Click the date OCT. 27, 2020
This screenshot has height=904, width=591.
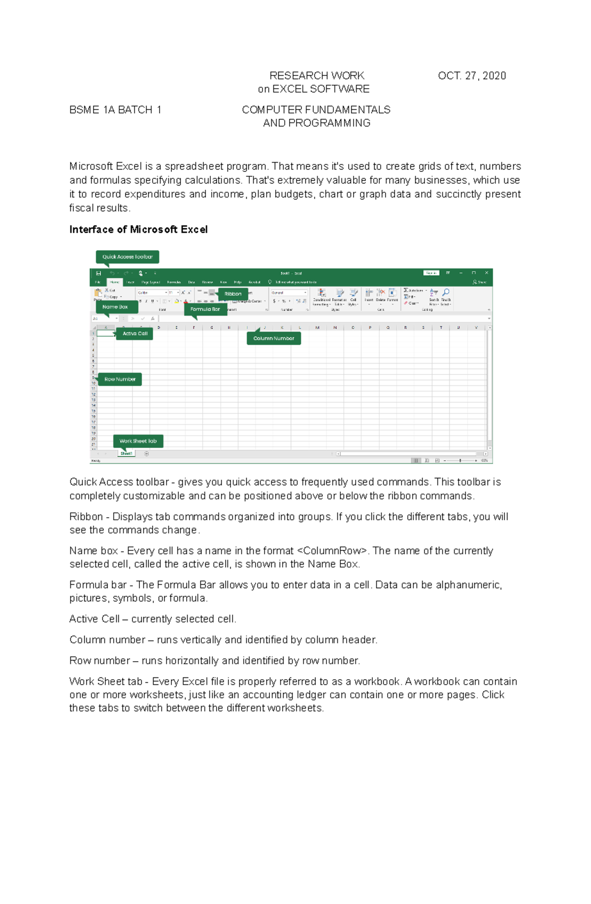point(472,75)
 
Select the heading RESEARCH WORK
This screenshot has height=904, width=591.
point(317,75)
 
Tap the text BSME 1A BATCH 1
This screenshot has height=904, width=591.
point(115,110)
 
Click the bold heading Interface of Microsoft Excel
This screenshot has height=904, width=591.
point(138,230)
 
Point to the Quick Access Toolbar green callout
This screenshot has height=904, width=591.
point(127,257)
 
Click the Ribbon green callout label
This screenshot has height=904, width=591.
point(233,294)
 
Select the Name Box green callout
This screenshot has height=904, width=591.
point(115,307)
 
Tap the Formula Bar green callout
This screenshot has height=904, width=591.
point(205,309)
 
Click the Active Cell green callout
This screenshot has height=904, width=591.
point(135,334)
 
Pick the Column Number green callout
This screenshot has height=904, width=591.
point(273,338)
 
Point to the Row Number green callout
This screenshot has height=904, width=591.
point(120,379)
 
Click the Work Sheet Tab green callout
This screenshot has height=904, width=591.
point(138,441)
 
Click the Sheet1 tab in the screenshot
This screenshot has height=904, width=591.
point(126,453)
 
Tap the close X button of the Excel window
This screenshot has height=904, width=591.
point(487,272)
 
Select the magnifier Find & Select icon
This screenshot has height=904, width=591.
point(446,293)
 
